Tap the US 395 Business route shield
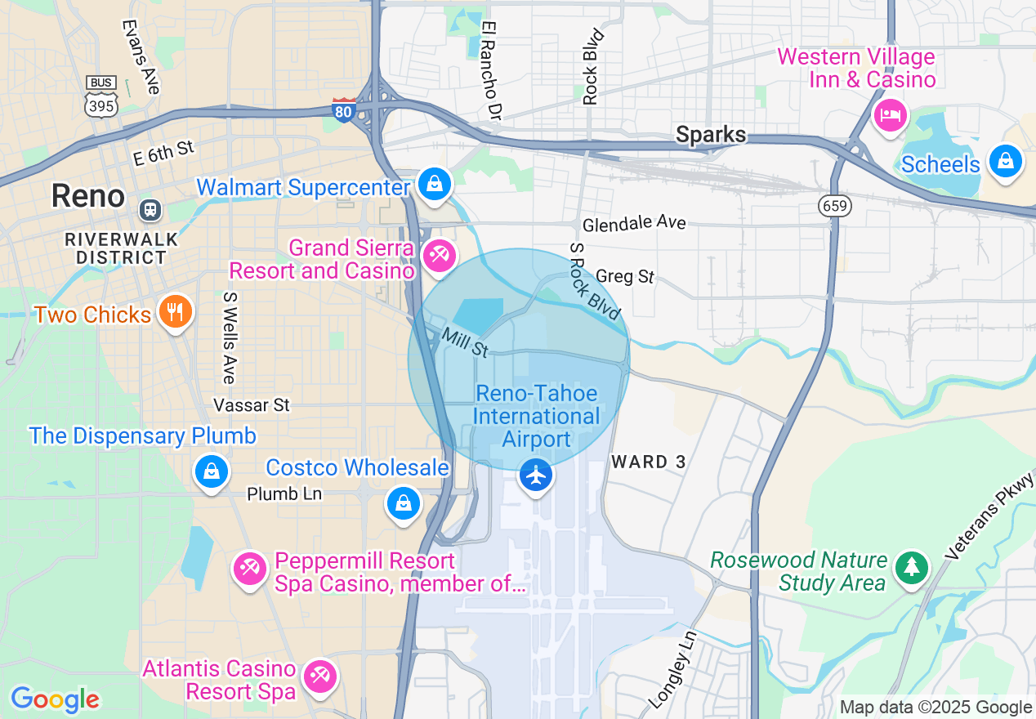pyautogui.click(x=101, y=96)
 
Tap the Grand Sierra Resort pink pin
pyautogui.click(x=440, y=256)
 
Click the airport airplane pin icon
pyautogui.click(x=536, y=475)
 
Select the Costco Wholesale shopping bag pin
pyautogui.click(x=404, y=503)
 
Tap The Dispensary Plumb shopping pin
pyautogui.click(x=212, y=471)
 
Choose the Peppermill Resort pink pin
pyautogui.click(x=249, y=568)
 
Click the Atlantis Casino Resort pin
pyautogui.click(x=319, y=676)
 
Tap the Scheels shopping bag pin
pyautogui.click(x=1006, y=162)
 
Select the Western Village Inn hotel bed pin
pyautogui.click(x=890, y=114)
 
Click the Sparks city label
pyautogui.click(x=711, y=135)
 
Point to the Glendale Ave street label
pyautogui.click(x=634, y=223)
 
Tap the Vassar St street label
pyautogui.click(x=252, y=404)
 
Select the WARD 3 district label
pyautogui.click(x=649, y=462)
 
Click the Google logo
pyautogui.click(x=55, y=699)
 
